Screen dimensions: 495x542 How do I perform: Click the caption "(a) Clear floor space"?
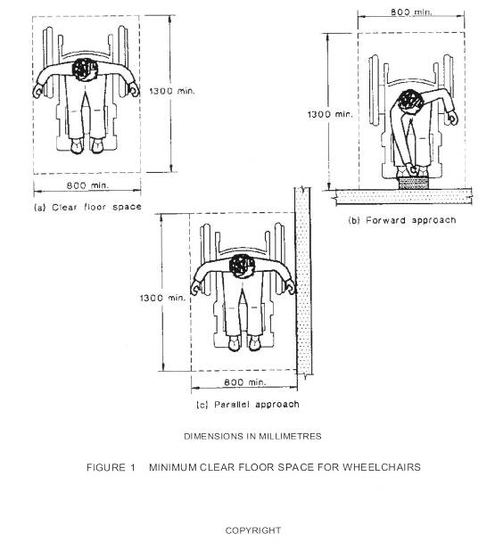88,207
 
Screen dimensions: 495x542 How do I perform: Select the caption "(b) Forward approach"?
402,220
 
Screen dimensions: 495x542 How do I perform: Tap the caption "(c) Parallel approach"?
248,405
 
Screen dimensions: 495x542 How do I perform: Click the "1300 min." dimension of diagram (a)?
172,91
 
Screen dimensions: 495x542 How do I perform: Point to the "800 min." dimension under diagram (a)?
87,185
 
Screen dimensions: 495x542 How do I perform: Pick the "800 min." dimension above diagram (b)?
411,12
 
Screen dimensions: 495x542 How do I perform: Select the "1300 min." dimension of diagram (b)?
330,114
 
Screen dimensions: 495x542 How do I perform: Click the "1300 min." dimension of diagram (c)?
162,298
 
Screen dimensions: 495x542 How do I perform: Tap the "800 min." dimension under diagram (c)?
245,382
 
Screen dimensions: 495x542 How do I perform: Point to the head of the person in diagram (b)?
410,102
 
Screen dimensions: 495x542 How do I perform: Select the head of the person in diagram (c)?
242,266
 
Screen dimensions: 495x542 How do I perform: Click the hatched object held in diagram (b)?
413,183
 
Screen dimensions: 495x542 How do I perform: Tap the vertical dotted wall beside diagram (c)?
303,281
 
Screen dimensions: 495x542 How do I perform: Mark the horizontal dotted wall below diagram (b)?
403,196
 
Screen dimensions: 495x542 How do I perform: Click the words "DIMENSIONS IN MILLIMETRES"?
252,436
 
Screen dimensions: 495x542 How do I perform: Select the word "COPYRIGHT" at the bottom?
253,530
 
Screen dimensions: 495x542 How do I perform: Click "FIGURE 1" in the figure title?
111,467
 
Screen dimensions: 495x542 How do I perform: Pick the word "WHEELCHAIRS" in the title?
382,467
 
